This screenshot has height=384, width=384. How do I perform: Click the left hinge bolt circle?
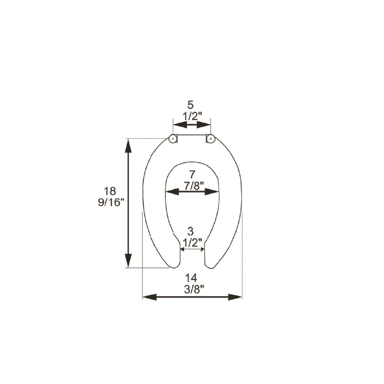173,139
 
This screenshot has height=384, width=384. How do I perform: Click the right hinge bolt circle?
210,139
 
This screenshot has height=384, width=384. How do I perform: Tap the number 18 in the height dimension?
110,191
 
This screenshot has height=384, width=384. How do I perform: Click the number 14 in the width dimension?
191,278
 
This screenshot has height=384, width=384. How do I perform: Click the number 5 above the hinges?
190,105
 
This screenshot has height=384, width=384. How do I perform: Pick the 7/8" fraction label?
194,186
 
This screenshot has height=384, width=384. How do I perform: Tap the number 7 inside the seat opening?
192,175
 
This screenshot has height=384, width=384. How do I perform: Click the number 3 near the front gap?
190,232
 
